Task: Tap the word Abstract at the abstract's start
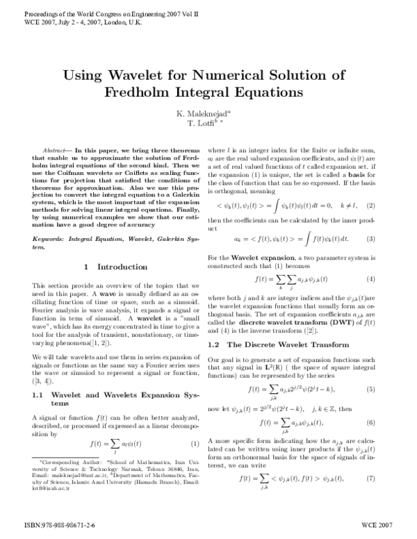pyautogui.click(x=55, y=150)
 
